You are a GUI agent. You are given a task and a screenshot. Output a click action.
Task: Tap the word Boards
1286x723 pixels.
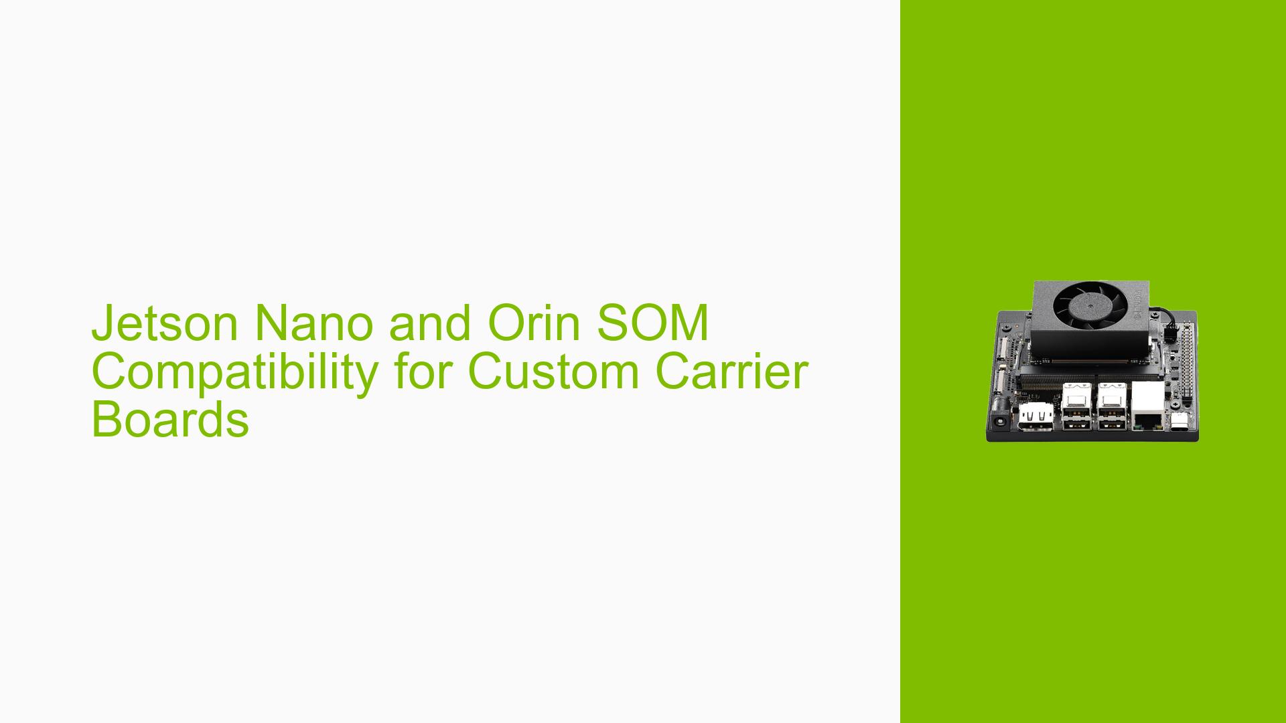point(170,420)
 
